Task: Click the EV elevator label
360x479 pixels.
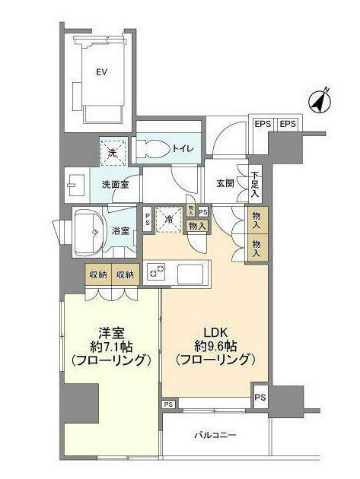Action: tap(100, 73)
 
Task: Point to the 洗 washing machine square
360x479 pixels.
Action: tap(113, 151)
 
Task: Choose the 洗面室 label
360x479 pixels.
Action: tap(115, 183)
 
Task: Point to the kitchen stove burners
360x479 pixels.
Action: tap(155, 271)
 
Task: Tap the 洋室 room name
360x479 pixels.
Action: tap(111, 331)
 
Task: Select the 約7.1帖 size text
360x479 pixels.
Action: tap(111, 346)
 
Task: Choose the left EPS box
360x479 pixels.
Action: tap(262, 125)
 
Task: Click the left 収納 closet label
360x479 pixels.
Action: tap(97, 274)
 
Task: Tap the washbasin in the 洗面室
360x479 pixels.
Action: tap(76, 183)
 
